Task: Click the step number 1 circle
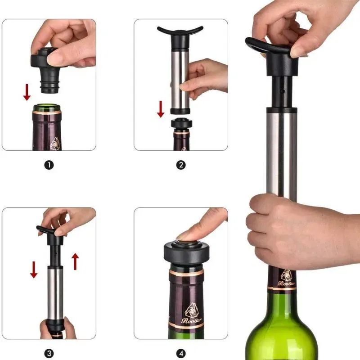[x=49, y=165]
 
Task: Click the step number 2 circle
[x=180, y=165]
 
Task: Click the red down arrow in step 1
[x=27, y=91]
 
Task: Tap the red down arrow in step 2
[x=161, y=108]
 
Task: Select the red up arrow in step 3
[x=75, y=261]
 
